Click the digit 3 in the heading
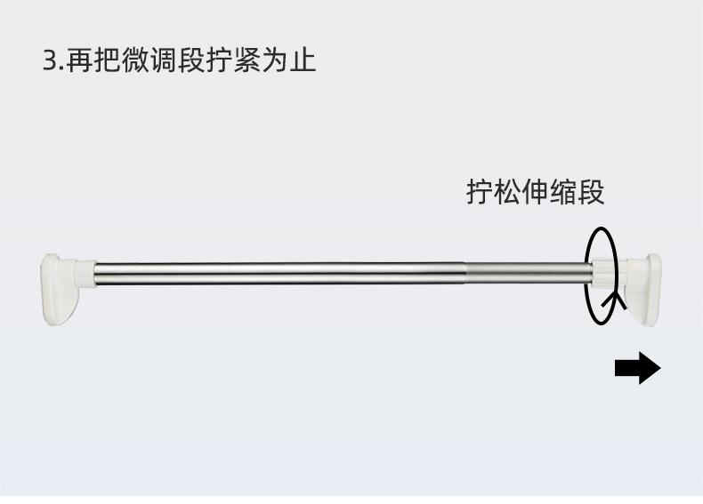click(x=50, y=61)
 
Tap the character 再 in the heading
click(x=78, y=60)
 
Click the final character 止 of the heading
click(x=303, y=60)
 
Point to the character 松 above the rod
click(x=508, y=192)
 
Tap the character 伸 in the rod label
click(x=536, y=192)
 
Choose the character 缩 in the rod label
click(x=563, y=192)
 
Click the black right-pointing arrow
click(x=637, y=368)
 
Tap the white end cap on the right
click(x=645, y=289)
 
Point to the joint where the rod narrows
click(x=466, y=272)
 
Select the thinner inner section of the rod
click(x=525, y=272)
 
